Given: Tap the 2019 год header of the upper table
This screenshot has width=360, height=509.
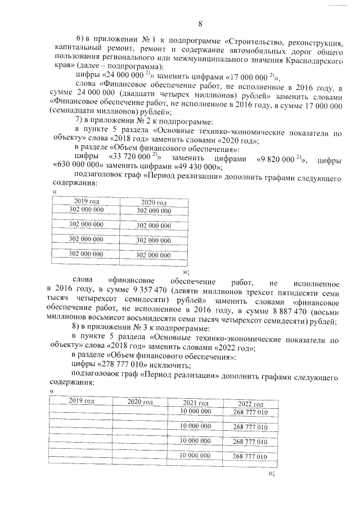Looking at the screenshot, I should [86, 201].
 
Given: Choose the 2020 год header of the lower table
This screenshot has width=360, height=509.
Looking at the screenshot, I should [140, 402].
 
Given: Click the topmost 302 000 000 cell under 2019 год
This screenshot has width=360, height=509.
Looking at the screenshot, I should [86, 209].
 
